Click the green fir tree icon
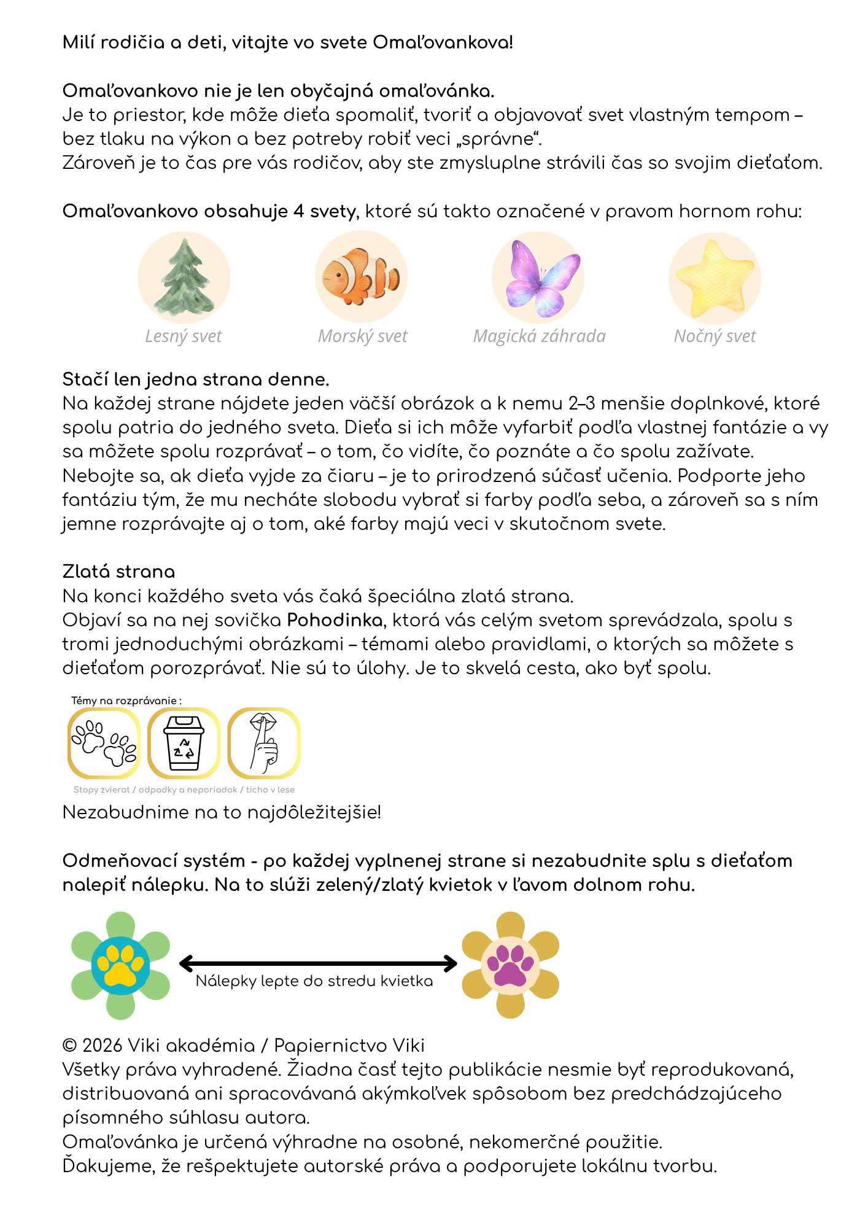[x=184, y=278]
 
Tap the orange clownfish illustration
[x=361, y=276]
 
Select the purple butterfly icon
[x=538, y=278]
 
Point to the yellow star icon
[x=715, y=278]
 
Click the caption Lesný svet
[x=183, y=336]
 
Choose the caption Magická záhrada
[x=539, y=336]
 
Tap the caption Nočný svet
[x=715, y=336]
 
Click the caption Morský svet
[x=362, y=336]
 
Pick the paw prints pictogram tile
[x=104, y=743]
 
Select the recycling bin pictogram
[x=184, y=743]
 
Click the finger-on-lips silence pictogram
[x=264, y=743]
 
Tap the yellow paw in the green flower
[x=121, y=965]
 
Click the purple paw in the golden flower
[x=510, y=965]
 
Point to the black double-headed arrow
[x=318, y=963]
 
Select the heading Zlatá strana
[x=118, y=572]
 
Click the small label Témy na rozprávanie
[x=126, y=701]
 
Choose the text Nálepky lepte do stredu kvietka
[x=314, y=981]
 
